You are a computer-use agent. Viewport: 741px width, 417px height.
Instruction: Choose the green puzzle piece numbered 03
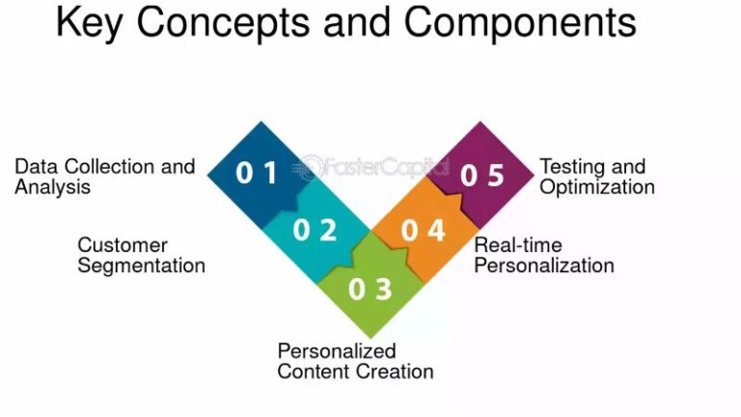(x=370, y=288)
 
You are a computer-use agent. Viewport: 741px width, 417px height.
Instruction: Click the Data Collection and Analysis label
(x=104, y=177)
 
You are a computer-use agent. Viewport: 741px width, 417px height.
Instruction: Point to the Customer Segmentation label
(x=141, y=255)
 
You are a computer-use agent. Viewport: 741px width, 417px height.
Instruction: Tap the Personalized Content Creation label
(x=355, y=361)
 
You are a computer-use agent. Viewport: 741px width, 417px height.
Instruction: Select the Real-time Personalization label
(x=543, y=255)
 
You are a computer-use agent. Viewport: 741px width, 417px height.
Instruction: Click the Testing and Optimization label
(x=596, y=177)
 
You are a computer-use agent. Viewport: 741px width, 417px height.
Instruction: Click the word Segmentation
(x=141, y=265)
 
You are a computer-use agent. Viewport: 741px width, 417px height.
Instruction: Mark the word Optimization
(x=596, y=187)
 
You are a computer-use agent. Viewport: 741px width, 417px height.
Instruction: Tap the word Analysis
(x=52, y=187)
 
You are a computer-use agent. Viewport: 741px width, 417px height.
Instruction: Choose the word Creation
(x=398, y=372)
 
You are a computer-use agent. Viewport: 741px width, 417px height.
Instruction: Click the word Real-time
(x=517, y=245)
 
